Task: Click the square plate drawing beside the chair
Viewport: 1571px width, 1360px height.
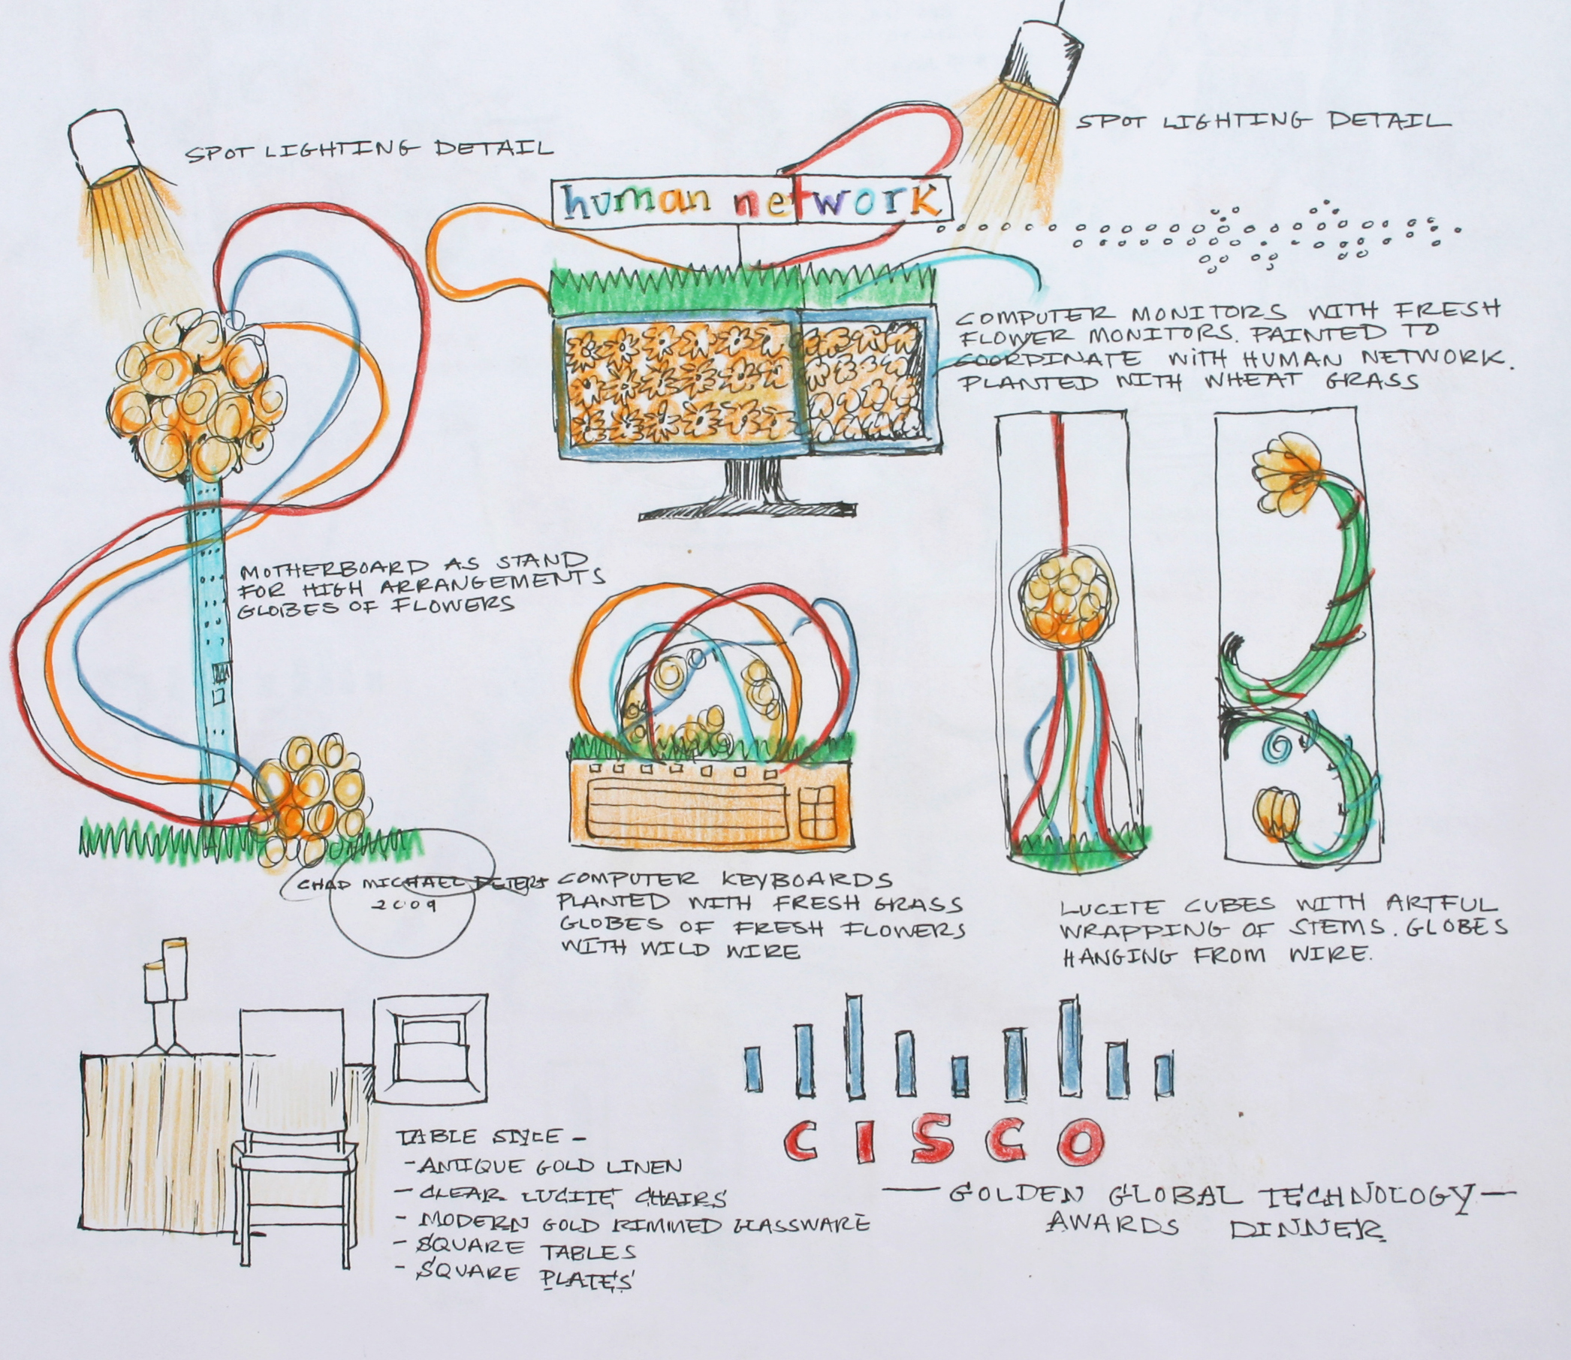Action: point(429,1051)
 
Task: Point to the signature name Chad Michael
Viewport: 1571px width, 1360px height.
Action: point(357,884)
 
